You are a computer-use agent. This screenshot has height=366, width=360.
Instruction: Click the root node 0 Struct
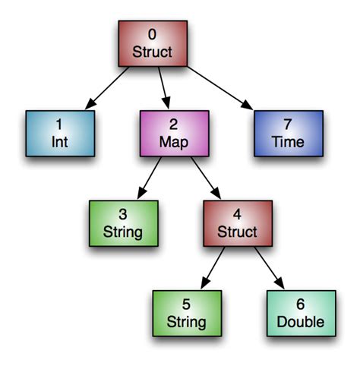click(152, 43)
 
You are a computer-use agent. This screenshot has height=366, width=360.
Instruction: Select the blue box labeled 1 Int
click(59, 133)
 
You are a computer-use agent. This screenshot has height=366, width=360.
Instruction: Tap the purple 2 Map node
click(173, 133)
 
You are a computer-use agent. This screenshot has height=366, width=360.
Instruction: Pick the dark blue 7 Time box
click(289, 133)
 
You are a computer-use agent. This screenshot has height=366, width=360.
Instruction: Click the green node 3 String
click(123, 223)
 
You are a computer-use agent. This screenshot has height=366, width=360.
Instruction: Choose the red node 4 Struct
click(238, 223)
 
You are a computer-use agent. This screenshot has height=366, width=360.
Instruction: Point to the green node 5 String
click(187, 312)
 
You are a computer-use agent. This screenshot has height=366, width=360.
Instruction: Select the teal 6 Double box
click(301, 312)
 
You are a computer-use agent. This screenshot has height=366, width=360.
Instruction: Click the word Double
click(301, 321)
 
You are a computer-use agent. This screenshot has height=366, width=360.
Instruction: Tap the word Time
click(289, 142)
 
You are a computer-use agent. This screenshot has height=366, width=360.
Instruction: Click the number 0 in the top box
click(152, 34)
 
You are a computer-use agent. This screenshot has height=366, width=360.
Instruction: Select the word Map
click(173, 142)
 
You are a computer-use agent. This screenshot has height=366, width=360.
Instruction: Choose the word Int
click(59, 142)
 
